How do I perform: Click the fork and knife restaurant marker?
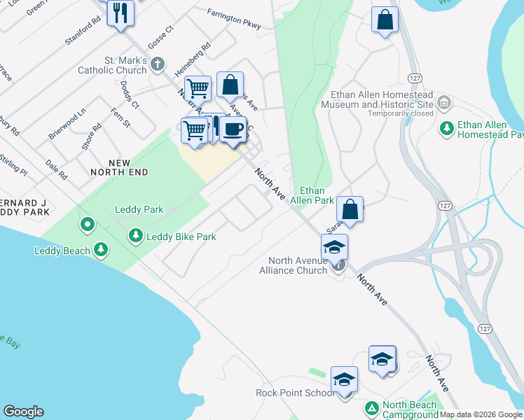(120, 13)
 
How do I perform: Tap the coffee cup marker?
(233, 129)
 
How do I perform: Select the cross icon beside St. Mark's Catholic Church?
(158, 64)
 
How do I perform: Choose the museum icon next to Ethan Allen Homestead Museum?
(443, 104)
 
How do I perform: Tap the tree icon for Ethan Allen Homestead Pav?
(446, 128)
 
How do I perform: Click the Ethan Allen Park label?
(317, 195)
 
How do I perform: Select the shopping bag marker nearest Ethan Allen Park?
(350, 209)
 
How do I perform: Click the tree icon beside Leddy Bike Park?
(136, 237)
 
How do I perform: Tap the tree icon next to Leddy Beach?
(102, 250)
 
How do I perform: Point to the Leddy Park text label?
(139, 209)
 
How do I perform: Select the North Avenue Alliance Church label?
(293, 265)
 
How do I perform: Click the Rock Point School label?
(295, 393)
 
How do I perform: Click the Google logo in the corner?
(23, 412)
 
